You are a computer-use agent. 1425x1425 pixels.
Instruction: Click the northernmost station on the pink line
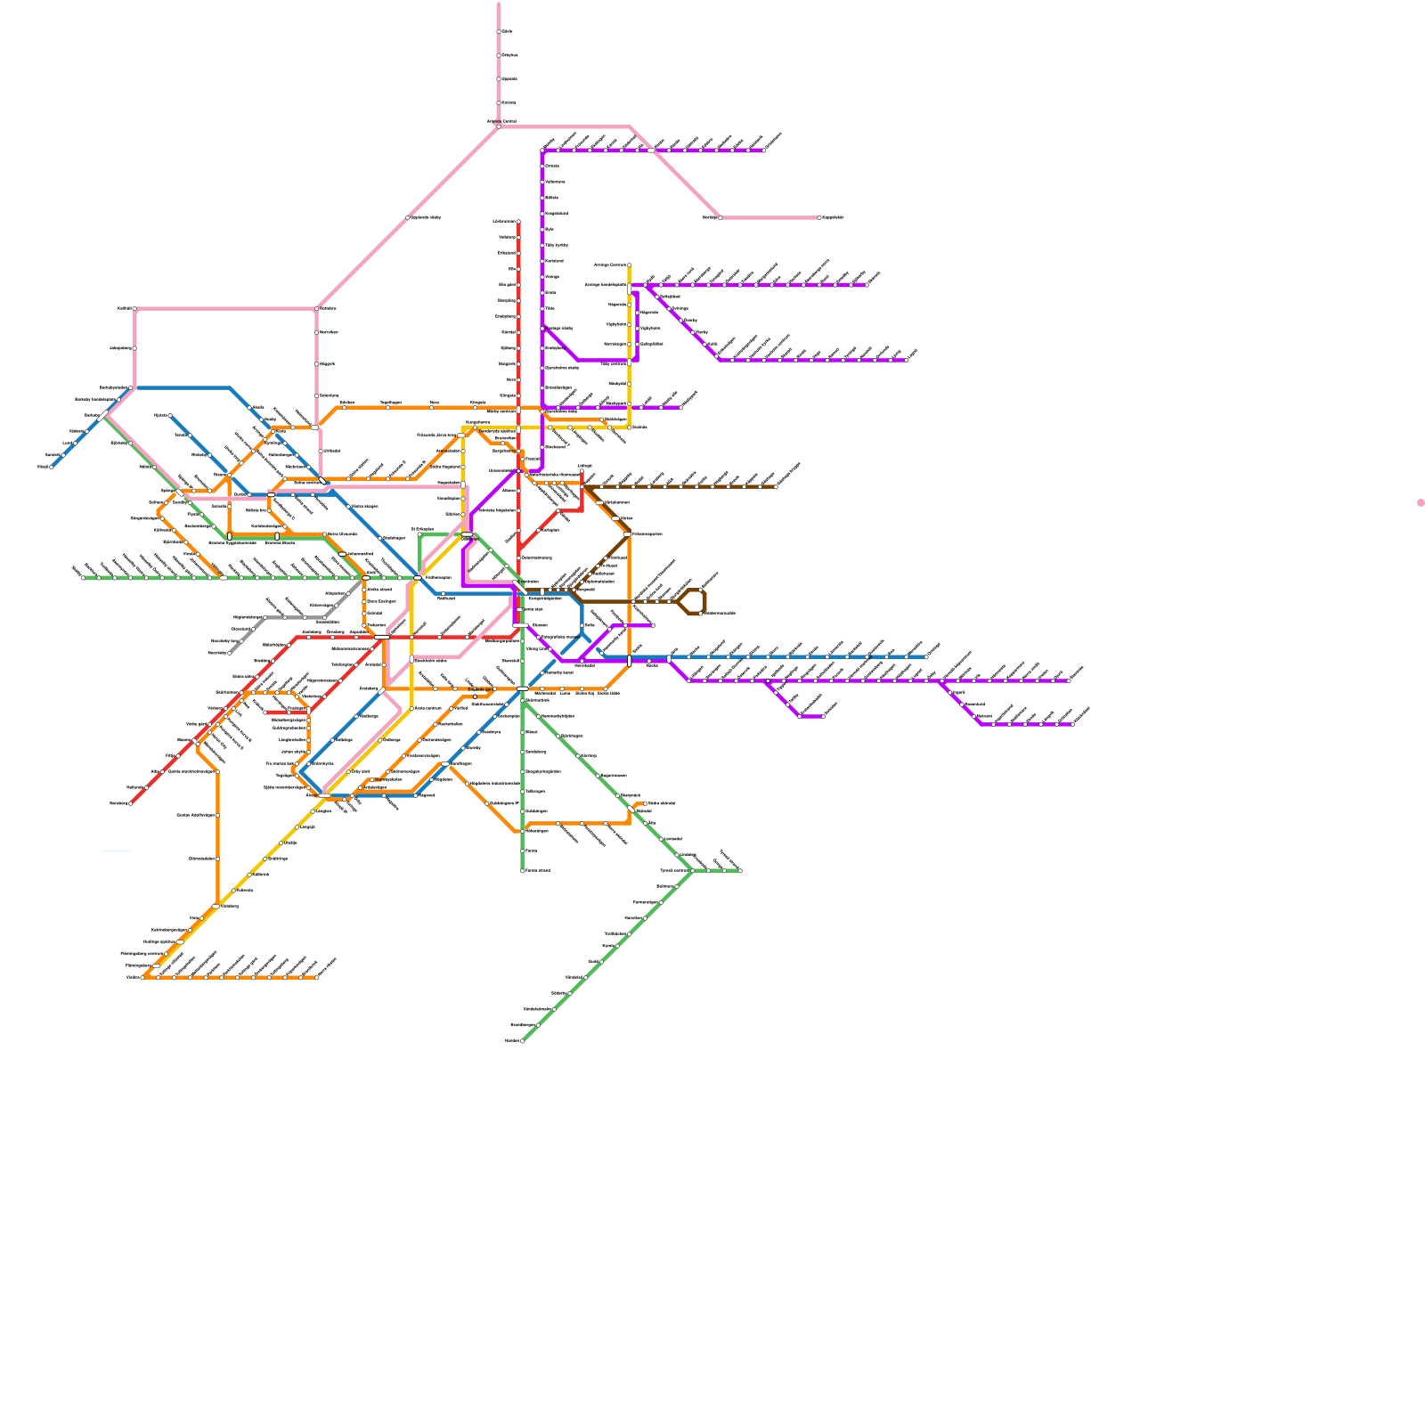(499, 31)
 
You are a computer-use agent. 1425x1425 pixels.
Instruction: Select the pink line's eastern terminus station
(819, 217)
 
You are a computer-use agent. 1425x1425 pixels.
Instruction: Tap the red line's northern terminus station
(518, 221)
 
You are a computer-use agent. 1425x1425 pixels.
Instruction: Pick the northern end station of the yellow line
(630, 265)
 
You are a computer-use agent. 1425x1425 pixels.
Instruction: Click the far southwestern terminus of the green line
(522, 1040)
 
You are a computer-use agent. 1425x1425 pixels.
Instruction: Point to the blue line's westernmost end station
(52, 466)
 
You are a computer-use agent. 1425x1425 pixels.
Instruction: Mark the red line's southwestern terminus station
(130, 803)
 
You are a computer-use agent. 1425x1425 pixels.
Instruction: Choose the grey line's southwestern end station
(230, 653)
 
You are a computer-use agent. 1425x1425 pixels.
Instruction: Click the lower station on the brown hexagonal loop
(701, 613)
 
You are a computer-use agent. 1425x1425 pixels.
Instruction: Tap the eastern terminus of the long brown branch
(776, 486)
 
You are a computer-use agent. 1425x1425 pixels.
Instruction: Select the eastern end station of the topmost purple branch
(763, 151)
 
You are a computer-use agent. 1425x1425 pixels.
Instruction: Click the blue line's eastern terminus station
(926, 657)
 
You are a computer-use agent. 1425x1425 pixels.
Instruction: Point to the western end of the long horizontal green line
(83, 577)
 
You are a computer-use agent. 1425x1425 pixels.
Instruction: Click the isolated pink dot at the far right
(1421, 503)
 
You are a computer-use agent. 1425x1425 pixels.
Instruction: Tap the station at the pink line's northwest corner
(134, 309)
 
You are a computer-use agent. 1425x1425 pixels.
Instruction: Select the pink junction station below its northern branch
(499, 126)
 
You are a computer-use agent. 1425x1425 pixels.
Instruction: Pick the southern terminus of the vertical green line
(523, 870)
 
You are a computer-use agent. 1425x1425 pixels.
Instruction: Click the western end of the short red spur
(267, 712)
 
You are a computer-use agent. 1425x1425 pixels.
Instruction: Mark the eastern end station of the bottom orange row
(316, 977)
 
